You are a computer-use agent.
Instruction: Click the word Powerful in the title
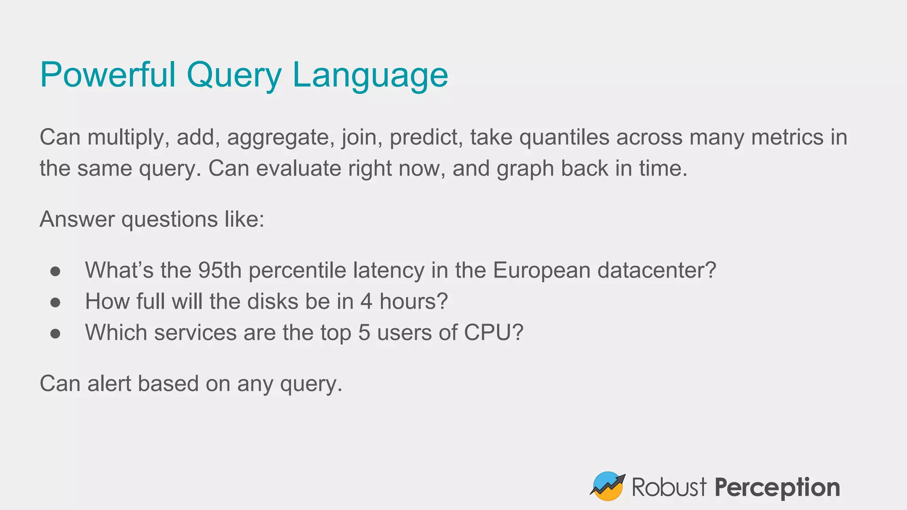tap(108, 75)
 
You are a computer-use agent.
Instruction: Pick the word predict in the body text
tap(426, 138)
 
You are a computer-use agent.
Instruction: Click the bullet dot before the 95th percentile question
tap(55, 271)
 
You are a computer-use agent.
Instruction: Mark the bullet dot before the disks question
tap(55, 302)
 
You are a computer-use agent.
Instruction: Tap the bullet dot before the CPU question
tap(55, 333)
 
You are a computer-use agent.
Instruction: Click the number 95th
tap(220, 270)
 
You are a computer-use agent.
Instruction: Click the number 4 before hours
tap(366, 301)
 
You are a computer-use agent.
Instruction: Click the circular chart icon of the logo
tap(608, 486)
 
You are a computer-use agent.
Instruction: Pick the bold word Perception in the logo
tap(777, 488)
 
